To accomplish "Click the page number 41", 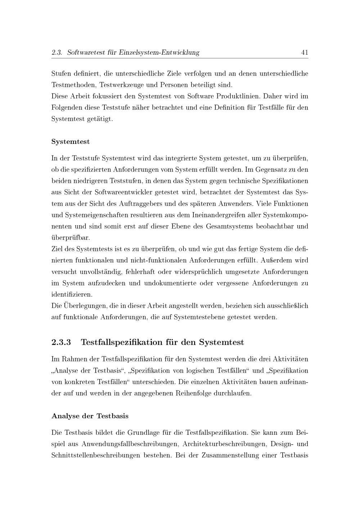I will tap(305, 53).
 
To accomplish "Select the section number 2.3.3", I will tap(61, 342).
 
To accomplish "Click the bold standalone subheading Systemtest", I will tap(71, 141).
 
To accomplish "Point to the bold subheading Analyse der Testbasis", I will tap(90, 416).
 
